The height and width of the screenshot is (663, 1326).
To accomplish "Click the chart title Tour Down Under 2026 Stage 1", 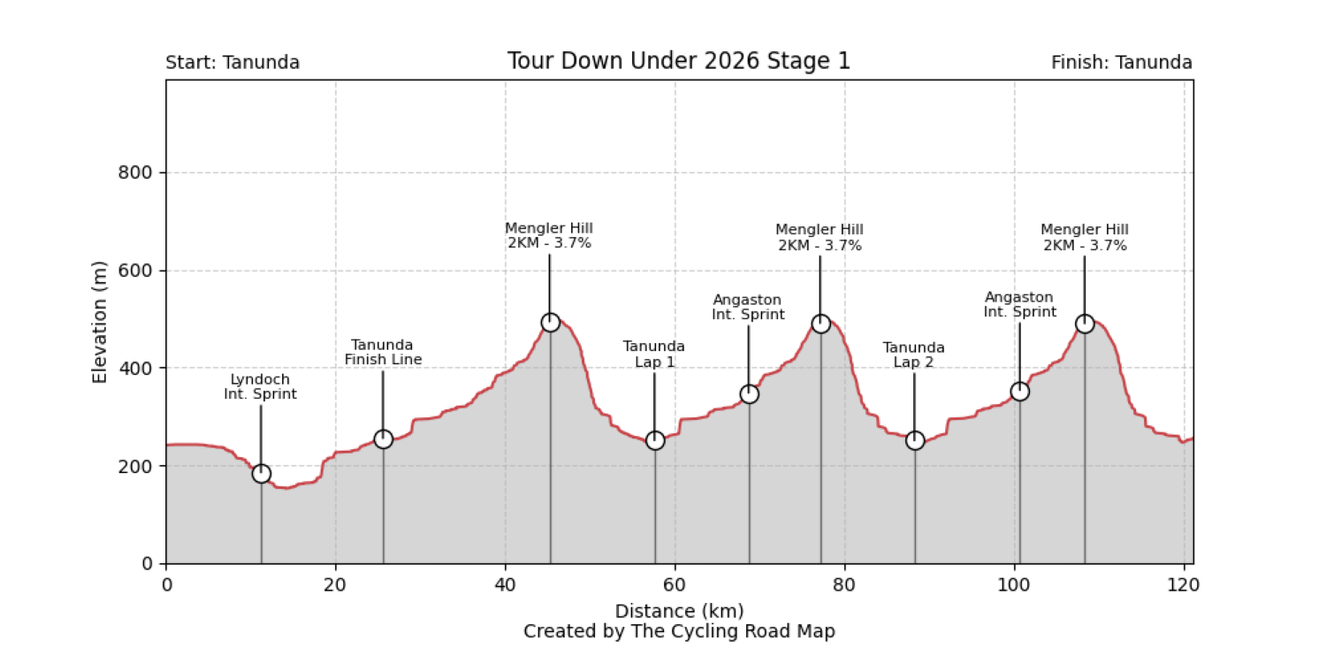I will click(x=678, y=61).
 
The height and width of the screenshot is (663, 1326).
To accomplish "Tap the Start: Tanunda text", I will click(x=232, y=63).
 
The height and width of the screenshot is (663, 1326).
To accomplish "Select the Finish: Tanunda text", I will click(x=1121, y=63).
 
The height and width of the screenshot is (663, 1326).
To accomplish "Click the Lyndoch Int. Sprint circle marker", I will click(x=261, y=473).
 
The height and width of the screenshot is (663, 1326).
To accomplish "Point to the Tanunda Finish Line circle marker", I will click(x=383, y=439).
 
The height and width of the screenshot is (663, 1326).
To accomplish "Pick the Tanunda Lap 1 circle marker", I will click(x=654, y=440).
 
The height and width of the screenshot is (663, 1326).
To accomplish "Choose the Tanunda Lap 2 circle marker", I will click(x=915, y=440).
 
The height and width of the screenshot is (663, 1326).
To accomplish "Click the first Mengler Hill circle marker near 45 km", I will click(x=550, y=323).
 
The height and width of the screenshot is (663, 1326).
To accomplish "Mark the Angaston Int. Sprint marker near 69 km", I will click(x=749, y=393).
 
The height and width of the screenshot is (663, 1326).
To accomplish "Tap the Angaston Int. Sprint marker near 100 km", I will click(x=1019, y=391).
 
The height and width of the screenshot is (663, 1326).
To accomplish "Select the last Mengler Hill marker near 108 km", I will click(x=1085, y=324).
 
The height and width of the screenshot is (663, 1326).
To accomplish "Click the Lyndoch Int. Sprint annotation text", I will click(x=260, y=387).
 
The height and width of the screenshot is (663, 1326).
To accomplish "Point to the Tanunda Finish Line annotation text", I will click(x=383, y=352).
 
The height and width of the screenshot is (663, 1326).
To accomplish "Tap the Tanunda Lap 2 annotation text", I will click(x=913, y=354).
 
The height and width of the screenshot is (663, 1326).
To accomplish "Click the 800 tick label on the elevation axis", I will click(x=136, y=173).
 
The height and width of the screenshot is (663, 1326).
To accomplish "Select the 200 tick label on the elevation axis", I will click(x=136, y=466).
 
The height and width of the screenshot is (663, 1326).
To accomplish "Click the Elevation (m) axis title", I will click(x=99, y=322).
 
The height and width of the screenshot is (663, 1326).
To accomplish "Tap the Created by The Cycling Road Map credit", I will click(x=679, y=631).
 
